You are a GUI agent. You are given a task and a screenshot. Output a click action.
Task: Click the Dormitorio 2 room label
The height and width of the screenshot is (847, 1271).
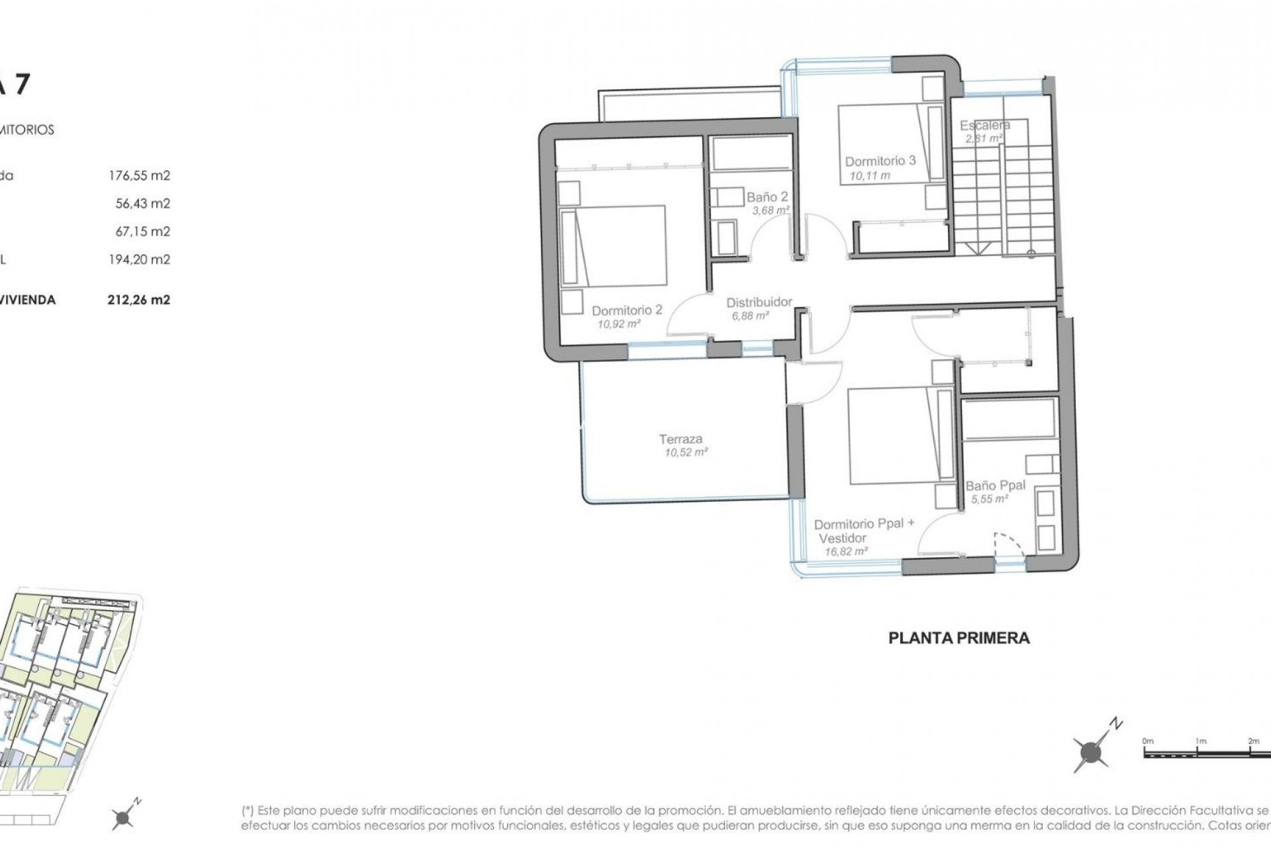[626, 310]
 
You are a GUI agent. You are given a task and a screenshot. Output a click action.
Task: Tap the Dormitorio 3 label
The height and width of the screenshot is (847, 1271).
[880, 161]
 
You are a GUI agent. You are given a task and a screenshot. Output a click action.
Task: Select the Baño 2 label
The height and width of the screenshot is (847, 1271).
[767, 197]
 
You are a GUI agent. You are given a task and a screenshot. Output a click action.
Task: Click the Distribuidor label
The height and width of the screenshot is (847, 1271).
[759, 302]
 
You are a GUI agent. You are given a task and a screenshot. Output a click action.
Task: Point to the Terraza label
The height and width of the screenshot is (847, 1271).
[680, 439]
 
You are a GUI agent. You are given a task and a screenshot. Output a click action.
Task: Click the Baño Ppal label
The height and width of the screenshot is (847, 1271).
[995, 485]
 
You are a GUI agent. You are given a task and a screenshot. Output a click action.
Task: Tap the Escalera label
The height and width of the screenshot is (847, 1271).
[984, 125]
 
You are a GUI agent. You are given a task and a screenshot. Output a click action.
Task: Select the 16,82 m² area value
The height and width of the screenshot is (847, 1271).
[846, 551]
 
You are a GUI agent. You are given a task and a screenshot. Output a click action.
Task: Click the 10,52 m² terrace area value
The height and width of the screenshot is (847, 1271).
[686, 453]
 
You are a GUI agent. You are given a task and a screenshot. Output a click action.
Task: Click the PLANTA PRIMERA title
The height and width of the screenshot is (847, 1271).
[959, 638]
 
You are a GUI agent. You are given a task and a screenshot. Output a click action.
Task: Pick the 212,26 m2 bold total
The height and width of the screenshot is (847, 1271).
[139, 300]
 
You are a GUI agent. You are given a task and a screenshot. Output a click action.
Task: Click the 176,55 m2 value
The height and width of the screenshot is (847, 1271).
[139, 175]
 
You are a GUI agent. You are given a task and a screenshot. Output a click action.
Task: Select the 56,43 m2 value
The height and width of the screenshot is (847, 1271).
[142, 203]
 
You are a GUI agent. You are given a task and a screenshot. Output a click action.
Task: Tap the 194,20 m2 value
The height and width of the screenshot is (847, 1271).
[139, 259]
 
